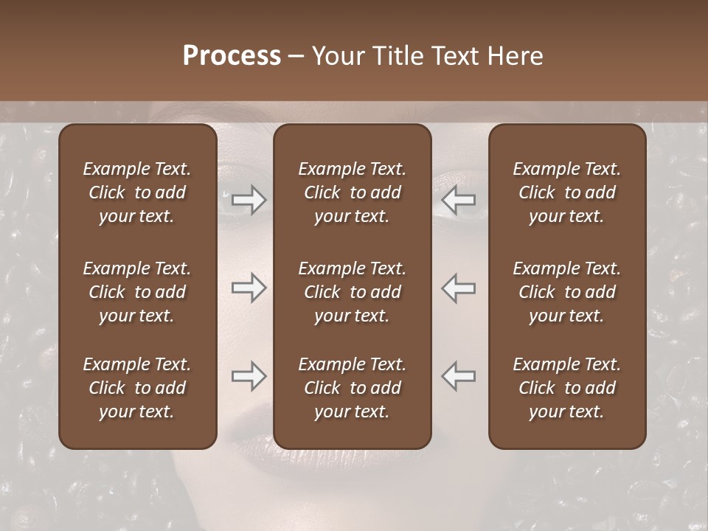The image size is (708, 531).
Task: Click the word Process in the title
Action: tap(232, 56)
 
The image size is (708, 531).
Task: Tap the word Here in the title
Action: tap(515, 56)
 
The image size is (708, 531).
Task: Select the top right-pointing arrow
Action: tap(249, 200)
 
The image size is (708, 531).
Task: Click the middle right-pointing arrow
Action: tap(249, 288)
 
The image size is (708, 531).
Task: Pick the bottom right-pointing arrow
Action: tap(249, 376)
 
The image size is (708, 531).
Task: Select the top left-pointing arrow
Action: tap(458, 200)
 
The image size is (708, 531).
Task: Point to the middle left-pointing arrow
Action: tap(458, 288)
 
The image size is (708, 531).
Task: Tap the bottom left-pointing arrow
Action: tap(458, 376)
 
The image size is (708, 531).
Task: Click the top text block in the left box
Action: tap(137, 192)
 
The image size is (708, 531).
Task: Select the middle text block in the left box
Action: tap(137, 292)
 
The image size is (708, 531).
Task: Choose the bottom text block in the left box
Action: tap(137, 388)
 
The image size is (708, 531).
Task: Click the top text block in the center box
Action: tap(352, 192)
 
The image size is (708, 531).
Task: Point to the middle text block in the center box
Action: tap(352, 292)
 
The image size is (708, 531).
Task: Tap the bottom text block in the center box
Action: tap(352, 388)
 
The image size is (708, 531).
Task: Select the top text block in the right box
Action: tap(566, 192)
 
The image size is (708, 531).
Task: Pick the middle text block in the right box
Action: tap(566, 292)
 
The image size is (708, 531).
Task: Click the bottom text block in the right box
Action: tap(566, 388)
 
